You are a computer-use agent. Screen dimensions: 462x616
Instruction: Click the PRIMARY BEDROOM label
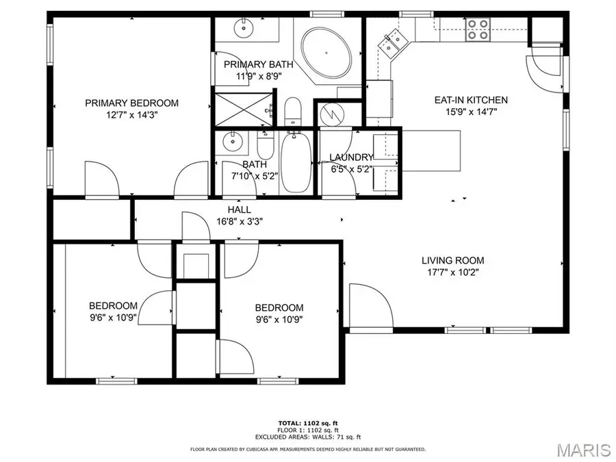tap(131, 103)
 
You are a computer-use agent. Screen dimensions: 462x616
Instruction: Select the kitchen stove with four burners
tap(477, 27)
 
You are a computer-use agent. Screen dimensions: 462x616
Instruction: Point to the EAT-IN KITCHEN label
tap(471, 100)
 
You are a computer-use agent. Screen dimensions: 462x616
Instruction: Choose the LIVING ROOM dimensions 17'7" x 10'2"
tap(452, 272)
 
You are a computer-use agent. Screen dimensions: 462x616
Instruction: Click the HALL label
tap(239, 209)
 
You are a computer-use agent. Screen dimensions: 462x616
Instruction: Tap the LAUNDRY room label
tap(351, 157)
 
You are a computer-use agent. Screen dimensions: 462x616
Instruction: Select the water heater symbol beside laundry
tap(331, 114)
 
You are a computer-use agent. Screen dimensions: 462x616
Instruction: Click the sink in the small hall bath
tap(233, 142)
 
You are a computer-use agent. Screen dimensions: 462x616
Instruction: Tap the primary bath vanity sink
tap(243, 29)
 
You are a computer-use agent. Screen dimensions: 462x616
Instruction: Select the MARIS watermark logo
tap(583, 450)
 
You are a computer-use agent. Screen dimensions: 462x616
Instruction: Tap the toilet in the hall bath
tap(265, 144)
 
